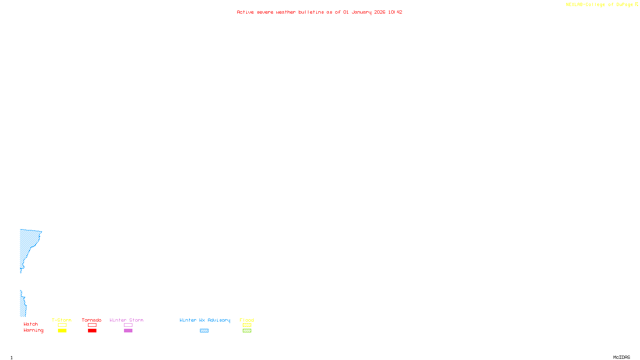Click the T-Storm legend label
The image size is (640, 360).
(x=62, y=320)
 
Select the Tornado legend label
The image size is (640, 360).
(x=92, y=320)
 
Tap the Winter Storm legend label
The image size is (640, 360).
(x=126, y=320)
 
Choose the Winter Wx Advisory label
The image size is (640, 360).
(x=205, y=320)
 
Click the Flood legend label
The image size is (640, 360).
(x=247, y=320)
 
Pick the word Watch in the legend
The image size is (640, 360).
(x=31, y=324)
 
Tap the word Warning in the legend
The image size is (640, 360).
(x=33, y=330)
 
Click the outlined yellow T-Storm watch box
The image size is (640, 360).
(x=62, y=325)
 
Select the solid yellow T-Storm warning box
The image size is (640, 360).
(x=62, y=331)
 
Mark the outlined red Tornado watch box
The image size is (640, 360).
(x=92, y=325)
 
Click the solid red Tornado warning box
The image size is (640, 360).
(x=92, y=331)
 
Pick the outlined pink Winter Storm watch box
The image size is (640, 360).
(x=128, y=325)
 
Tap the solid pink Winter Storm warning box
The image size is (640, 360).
(x=128, y=331)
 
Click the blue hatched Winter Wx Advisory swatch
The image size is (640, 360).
(x=204, y=331)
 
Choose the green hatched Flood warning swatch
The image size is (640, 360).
(x=247, y=331)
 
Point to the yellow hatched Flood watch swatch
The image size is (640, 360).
(x=247, y=325)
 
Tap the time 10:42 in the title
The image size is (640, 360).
(x=395, y=12)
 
